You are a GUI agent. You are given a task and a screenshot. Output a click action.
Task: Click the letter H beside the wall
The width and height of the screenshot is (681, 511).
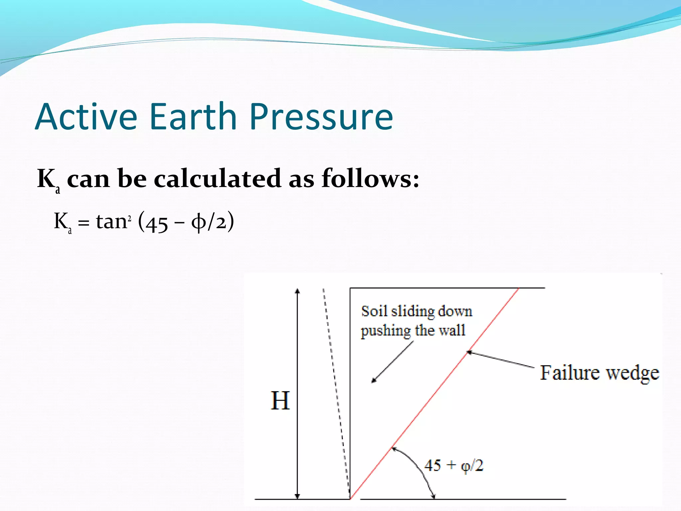[280, 401]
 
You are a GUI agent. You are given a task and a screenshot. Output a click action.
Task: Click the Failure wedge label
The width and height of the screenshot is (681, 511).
[599, 373]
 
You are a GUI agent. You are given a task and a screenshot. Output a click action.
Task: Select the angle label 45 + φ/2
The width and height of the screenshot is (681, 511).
[454, 465]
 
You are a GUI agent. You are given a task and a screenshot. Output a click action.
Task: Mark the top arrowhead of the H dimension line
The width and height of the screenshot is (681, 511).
[298, 291]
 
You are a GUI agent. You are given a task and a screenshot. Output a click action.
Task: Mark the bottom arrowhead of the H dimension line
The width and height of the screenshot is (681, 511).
[298, 496]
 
